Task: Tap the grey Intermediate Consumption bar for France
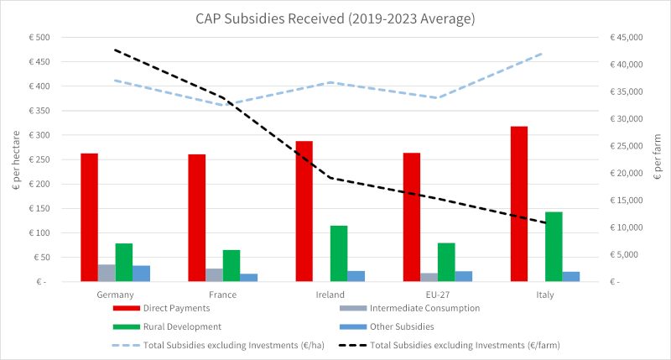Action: point(214,274)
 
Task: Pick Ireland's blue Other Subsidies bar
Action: point(356,275)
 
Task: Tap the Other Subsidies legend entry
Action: point(403,326)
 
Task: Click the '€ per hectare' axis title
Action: point(15,159)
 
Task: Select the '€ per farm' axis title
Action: point(658,159)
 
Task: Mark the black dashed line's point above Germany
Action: point(116,50)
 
